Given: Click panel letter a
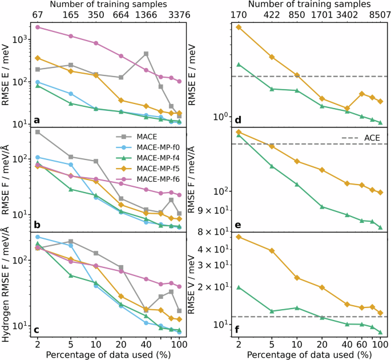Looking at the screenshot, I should click(37, 120).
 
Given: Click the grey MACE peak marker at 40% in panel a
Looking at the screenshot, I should click(146, 54).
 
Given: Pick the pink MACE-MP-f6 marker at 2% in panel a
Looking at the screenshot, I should click(38, 27).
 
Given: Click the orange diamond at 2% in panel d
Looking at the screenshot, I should click(239, 27).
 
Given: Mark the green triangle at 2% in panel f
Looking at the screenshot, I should click(239, 287).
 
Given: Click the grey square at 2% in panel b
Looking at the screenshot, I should click(38, 132).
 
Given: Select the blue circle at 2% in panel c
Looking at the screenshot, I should click(38, 237).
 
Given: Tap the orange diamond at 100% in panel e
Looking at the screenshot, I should click(380, 193).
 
